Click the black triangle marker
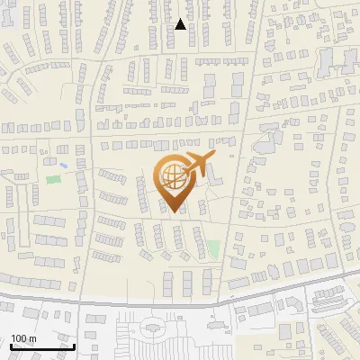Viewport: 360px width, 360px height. point(181,24)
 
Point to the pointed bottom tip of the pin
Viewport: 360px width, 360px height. point(173,211)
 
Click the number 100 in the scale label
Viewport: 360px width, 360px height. point(18,337)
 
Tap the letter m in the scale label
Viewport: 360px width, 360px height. point(31,337)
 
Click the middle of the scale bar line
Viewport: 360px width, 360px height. point(42,346)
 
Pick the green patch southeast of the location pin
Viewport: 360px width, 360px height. point(213,247)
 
